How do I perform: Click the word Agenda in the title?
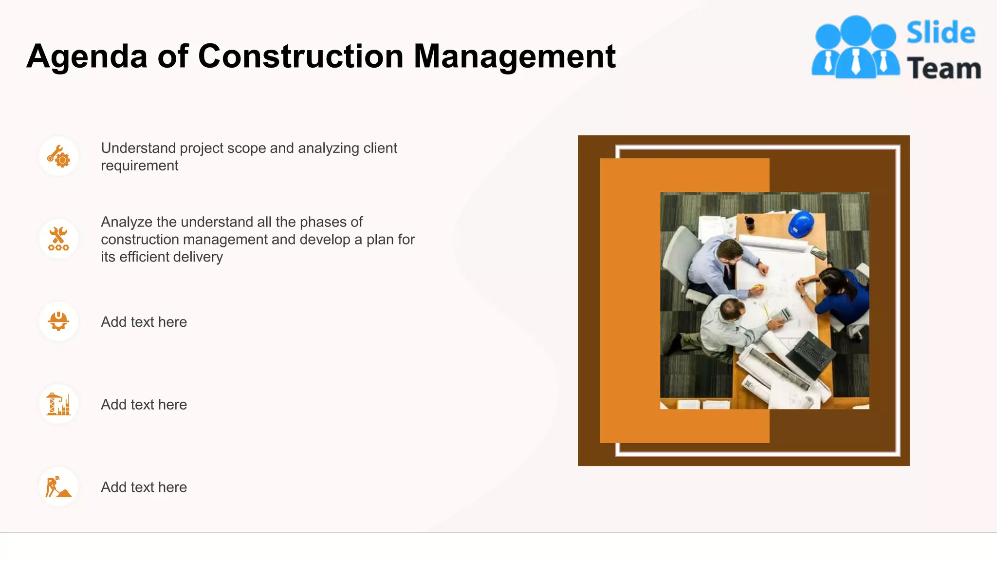(x=87, y=57)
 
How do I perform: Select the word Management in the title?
(x=514, y=57)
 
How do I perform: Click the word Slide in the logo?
(x=941, y=33)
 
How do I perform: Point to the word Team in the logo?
(x=943, y=69)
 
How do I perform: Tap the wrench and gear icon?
(x=58, y=156)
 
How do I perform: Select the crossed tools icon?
(x=58, y=239)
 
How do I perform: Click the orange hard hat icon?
(x=58, y=321)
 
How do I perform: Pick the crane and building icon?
(x=58, y=404)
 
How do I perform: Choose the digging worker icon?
(x=58, y=487)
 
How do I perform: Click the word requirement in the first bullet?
(x=139, y=166)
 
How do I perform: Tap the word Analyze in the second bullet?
(x=127, y=222)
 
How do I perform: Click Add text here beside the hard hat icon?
(x=144, y=322)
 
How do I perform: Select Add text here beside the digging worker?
(x=144, y=487)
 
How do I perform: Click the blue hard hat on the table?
(x=801, y=224)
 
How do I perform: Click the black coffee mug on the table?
(x=750, y=223)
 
